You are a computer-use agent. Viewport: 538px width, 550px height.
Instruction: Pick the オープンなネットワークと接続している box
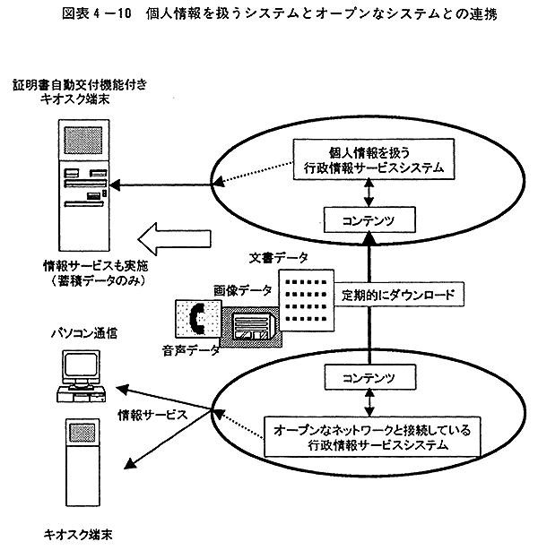375,436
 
